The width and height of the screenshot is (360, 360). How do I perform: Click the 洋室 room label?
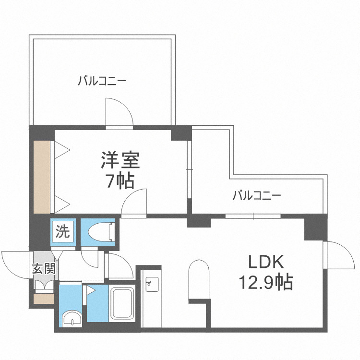(x=120, y=160)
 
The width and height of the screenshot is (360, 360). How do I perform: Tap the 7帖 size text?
(x=120, y=181)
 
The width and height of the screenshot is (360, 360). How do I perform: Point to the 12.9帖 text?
(x=266, y=283)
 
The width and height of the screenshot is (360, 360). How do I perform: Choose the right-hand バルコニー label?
(x=256, y=196)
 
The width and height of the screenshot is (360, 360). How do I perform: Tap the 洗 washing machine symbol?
(x=63, y=232)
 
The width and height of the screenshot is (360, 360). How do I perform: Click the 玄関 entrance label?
(x=43, y=269)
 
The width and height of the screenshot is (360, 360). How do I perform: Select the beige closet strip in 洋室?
(x=41, y=177)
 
